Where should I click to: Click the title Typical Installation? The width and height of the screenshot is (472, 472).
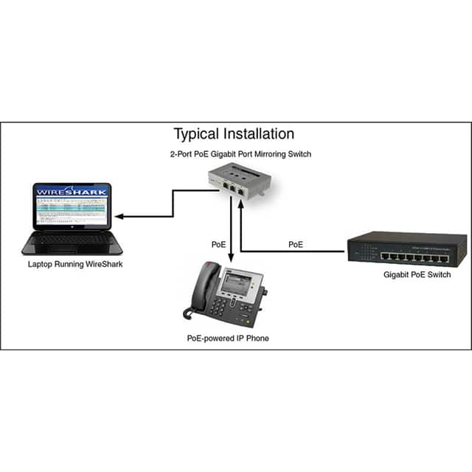[x=234, y=134]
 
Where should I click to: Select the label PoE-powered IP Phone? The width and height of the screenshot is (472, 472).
[x=228, y=337]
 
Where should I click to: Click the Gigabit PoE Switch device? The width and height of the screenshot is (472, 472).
[x=406, y=249]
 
